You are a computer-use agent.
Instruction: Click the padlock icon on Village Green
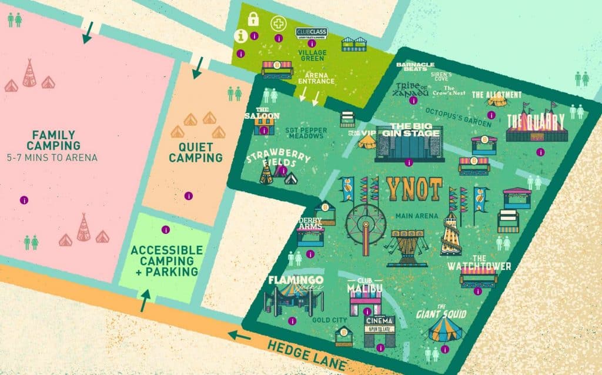click(x=253, y=19)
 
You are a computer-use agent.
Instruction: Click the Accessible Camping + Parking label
click(x=164, y=260)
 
